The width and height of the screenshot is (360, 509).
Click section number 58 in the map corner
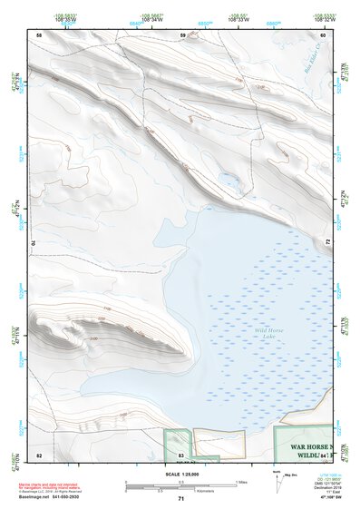(x=39, y=34)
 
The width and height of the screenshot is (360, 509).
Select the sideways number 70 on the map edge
(x=36, y=242)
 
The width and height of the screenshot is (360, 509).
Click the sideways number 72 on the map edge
(x=327, y=242)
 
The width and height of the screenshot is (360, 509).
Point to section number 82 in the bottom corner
(x=39, y=452)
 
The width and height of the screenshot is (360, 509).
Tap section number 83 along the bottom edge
(x=181, y=452)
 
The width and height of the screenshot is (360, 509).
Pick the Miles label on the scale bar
(x=241, y=481)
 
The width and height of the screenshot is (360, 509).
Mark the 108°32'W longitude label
(x=325, y=18)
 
